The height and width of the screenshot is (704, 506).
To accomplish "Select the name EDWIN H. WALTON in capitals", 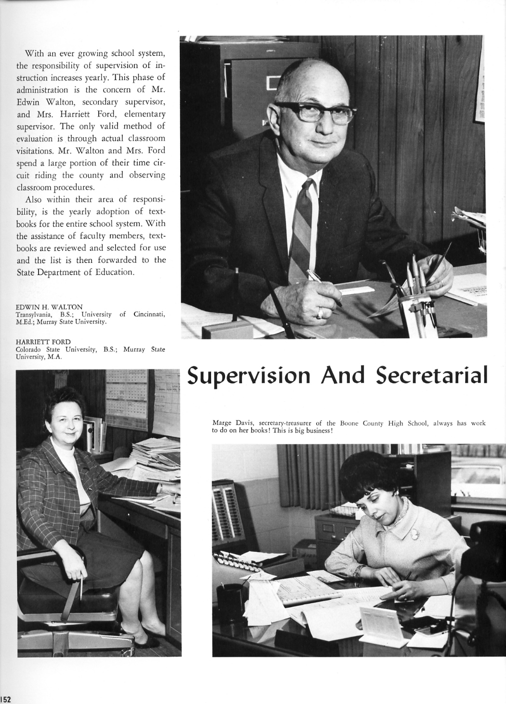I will (x=49, y=307).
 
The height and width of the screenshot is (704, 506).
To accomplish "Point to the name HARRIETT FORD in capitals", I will (x=43, y=342).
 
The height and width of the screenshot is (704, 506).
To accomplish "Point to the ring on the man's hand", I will (x=320, y=313).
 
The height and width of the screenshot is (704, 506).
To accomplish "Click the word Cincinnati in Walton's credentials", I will (x=149, y=314).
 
